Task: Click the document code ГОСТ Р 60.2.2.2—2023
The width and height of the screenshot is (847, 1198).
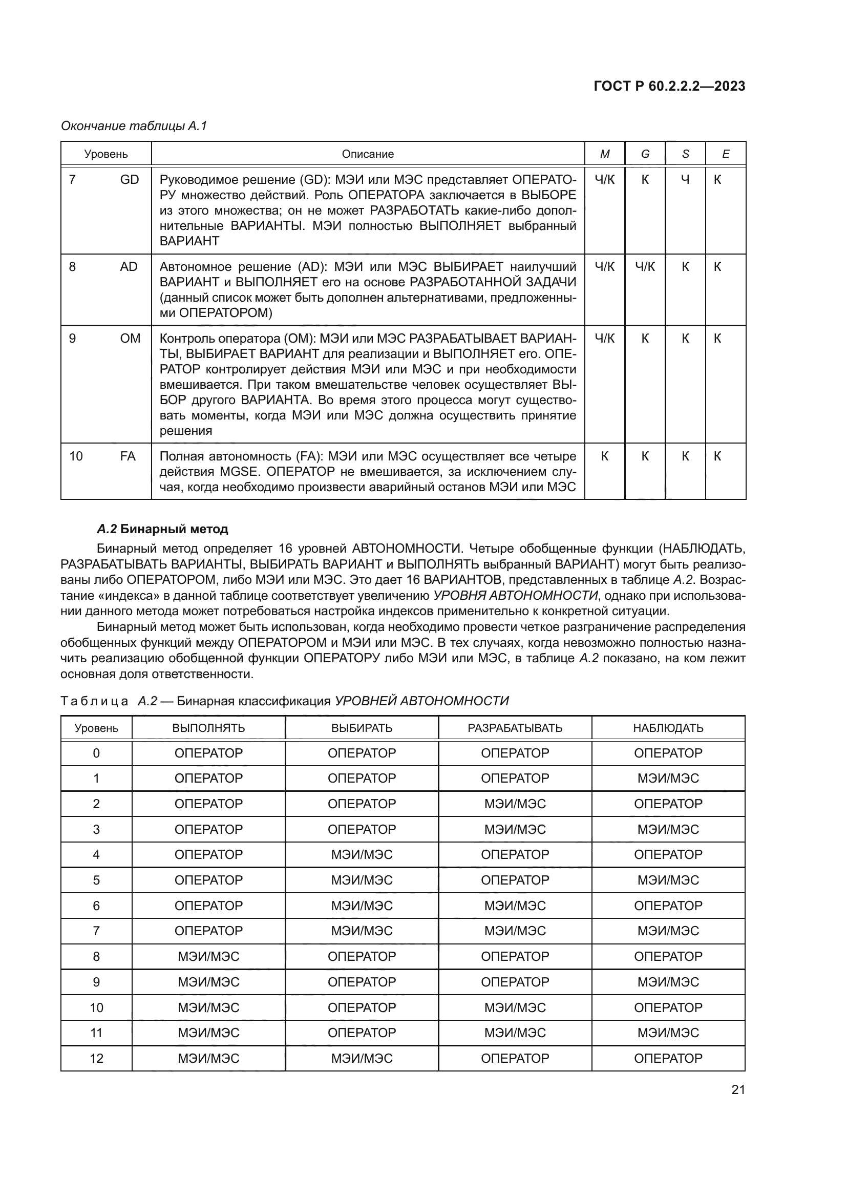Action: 669,87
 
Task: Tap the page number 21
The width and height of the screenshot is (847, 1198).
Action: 738,1090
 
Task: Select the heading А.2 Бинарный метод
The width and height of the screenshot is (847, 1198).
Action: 163,529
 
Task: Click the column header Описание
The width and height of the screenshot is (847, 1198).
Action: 368,154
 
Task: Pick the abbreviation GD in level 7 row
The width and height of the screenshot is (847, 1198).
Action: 130,180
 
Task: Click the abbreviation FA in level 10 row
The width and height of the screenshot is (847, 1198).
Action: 128,456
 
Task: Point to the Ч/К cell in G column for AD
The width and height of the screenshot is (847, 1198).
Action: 645,267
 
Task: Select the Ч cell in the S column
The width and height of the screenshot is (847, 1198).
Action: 685,180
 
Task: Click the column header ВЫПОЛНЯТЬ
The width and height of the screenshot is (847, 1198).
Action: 208,728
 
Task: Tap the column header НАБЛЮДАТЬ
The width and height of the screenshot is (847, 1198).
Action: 668,728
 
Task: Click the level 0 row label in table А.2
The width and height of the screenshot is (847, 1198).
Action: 96,753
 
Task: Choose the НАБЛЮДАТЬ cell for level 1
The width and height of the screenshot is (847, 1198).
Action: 668,779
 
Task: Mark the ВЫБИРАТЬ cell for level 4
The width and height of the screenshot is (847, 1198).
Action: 362,855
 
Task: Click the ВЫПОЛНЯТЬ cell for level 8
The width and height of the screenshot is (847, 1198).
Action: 208,956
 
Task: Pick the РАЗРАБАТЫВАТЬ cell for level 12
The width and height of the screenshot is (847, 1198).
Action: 515,1058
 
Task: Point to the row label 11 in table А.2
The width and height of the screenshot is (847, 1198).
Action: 96,1033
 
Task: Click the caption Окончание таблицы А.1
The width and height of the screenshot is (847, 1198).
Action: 134,126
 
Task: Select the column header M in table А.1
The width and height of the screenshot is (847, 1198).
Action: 604,154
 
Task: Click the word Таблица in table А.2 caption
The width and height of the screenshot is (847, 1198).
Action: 94,701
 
